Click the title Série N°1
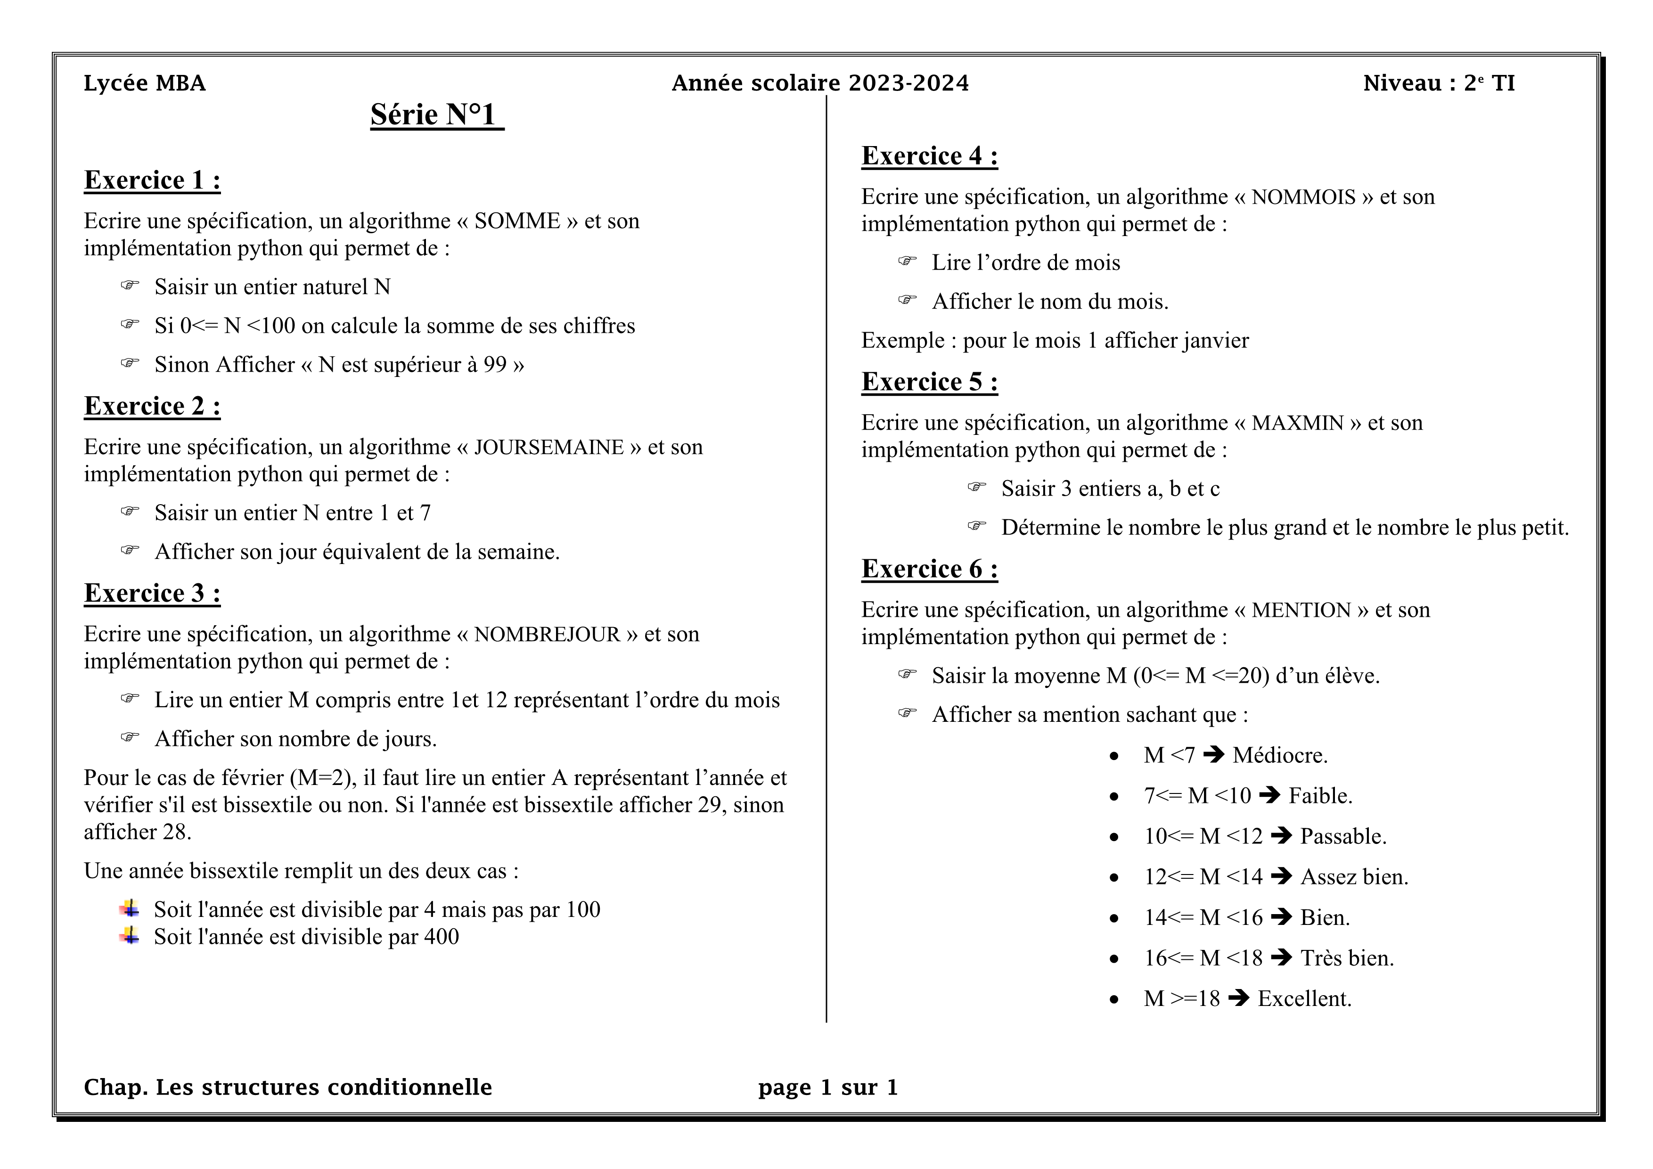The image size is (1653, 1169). tap(436, 114)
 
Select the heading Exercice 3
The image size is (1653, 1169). tap(152, 593)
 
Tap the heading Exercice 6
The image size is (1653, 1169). tap(929, 569)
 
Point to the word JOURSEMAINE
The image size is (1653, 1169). tap(548, 447)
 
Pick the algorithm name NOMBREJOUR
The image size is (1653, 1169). tap(547, 634)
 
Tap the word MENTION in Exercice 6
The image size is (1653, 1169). tap(1301, 610)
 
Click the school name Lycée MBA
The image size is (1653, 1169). tap(145, 83)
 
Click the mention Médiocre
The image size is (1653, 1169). tap(1279, 755)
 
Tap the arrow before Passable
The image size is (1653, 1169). tap(1282, 836)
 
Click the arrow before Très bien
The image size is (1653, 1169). tap(1282, 957)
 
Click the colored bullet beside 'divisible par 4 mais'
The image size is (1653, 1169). tap(130, 908)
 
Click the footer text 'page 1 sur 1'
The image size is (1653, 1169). tap(828, 1087)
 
